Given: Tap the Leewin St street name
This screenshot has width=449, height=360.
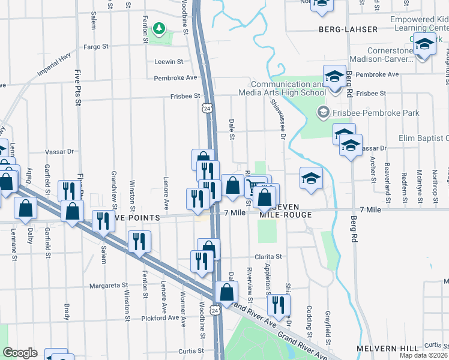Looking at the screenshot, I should coord(168,62).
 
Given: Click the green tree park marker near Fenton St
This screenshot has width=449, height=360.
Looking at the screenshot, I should coord(159,28).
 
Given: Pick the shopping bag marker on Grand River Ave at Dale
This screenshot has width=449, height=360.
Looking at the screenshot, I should coord(227,292).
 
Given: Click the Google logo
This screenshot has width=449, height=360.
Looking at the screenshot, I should coord(20,353).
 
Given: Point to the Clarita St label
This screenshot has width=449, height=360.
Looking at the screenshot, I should coord(270,257).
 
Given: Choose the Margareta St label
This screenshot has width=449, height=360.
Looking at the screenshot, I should coord(109,286).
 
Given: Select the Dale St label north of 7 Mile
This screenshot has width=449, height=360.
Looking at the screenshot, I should coord(231,129).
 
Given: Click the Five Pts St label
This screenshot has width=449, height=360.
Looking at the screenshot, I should coord(77,88).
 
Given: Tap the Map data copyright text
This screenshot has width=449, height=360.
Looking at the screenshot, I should coord(424,355).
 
